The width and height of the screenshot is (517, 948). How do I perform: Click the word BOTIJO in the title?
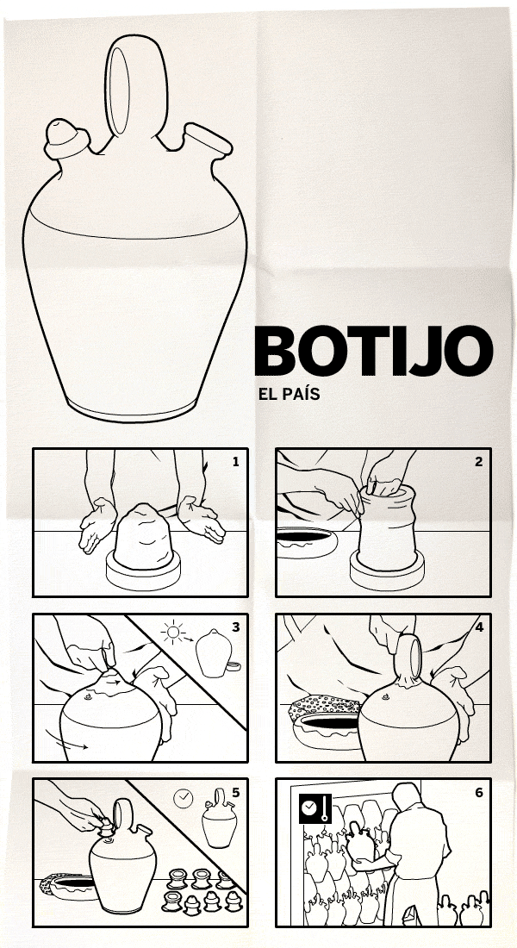(374, 352)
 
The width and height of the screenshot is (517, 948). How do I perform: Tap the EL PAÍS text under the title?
(289, 395)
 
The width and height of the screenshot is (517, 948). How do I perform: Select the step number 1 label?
(236, 462)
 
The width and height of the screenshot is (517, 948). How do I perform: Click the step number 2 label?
(479, 462)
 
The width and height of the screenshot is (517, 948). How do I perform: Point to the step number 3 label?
(236, 627)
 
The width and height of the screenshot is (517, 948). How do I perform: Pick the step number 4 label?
(479, 627)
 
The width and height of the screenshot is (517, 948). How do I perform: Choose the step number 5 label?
(236, 792)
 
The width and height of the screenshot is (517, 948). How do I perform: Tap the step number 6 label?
(479, 792)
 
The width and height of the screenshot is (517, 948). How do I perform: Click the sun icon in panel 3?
(174, 633)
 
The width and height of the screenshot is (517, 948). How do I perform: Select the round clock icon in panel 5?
(184, 799)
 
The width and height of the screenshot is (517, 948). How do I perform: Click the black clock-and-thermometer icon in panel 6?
(315, 808)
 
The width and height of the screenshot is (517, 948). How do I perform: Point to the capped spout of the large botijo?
(65, 139)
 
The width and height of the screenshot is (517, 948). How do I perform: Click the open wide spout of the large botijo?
(208, 140)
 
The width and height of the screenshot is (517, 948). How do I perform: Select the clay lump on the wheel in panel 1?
(144, 536)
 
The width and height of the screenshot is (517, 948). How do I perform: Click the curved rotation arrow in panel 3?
(66, 739)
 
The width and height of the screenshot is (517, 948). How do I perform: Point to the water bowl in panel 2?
(307, 542)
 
